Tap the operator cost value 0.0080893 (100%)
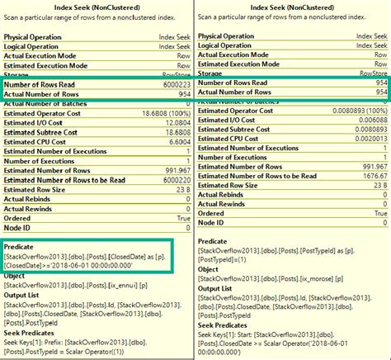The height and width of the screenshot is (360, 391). click(x=356, y=112)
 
